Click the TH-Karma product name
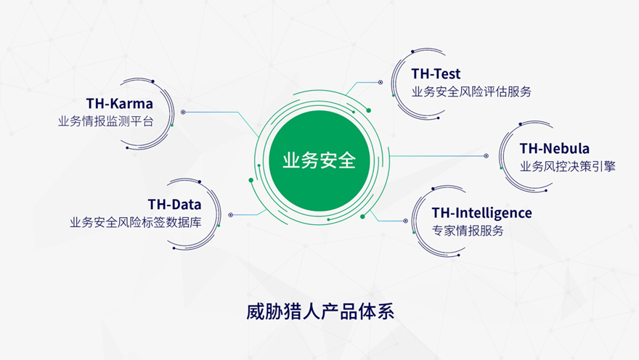coord(119,104)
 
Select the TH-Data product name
coord(174,204)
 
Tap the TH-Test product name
coord(436,74)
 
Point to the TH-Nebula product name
coord(554,148)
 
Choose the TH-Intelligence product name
coord(481,213)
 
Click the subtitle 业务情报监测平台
coord(105,121)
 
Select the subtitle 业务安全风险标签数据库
coord(135,222)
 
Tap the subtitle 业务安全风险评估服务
coord(471,91)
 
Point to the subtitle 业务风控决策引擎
coord(567,166)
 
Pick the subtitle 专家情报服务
coord(468,231)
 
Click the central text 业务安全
coord(319,160)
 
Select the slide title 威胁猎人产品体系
coord(320,311)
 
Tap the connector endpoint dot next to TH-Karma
coord(183,112)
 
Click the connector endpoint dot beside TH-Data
coord(231,215)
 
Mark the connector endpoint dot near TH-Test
coord(380,82)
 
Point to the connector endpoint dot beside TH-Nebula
coord(486,156)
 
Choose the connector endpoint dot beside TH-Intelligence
coord(405,221)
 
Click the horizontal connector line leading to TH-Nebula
coord(436,156)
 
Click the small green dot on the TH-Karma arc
coord(172,125)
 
